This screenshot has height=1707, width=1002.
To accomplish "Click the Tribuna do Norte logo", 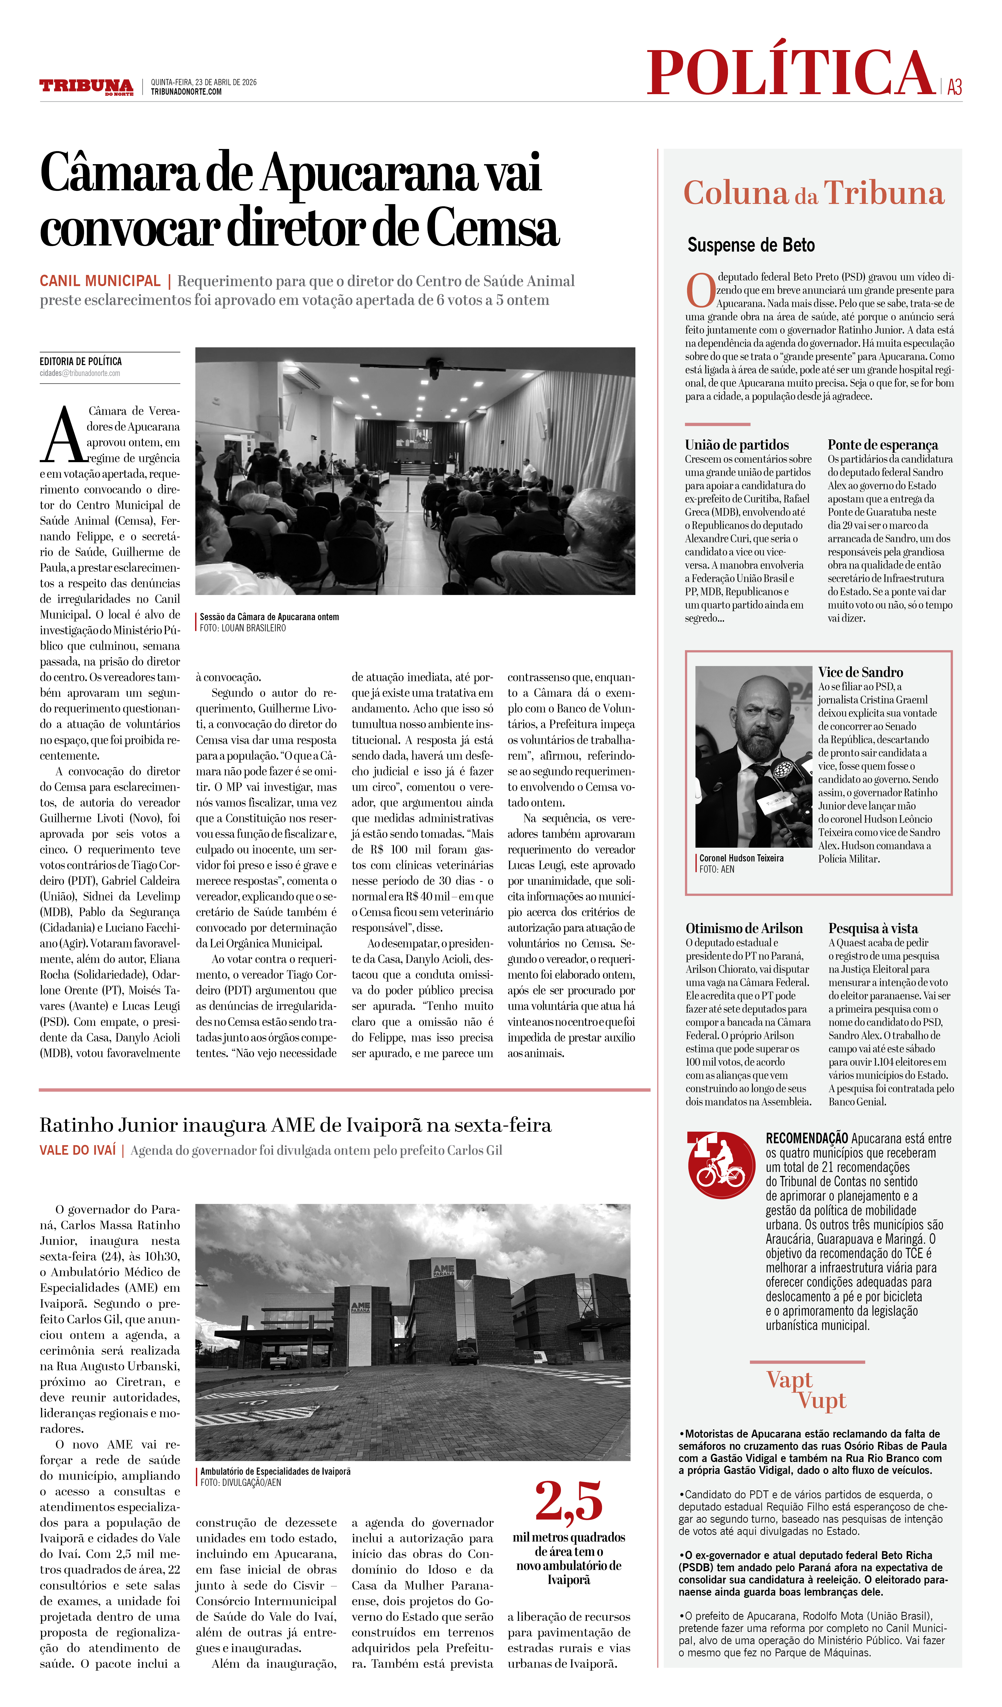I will [x=86, y=87].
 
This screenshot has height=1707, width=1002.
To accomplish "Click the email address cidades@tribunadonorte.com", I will [x=80, y=373].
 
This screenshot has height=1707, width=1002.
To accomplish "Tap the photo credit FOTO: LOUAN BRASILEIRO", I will [x=242, y=628].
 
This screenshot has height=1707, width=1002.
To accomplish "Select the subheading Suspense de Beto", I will [x=751, y=245].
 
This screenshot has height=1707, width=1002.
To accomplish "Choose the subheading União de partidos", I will [x=737, y=445].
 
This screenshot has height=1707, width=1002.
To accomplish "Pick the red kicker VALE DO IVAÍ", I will [x=78, y=1150].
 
